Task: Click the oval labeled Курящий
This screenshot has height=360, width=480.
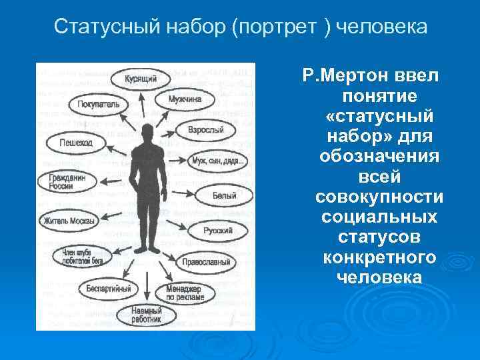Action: pyautogui.click(x=141, y=79)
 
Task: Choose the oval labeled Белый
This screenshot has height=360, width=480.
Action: pyautogui.click(x=224, y=196)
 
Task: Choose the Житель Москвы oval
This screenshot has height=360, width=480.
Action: pyautogui.click(x=69, y=220)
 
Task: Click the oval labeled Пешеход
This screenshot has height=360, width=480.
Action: pyautogui.click(x=73, y=143)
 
